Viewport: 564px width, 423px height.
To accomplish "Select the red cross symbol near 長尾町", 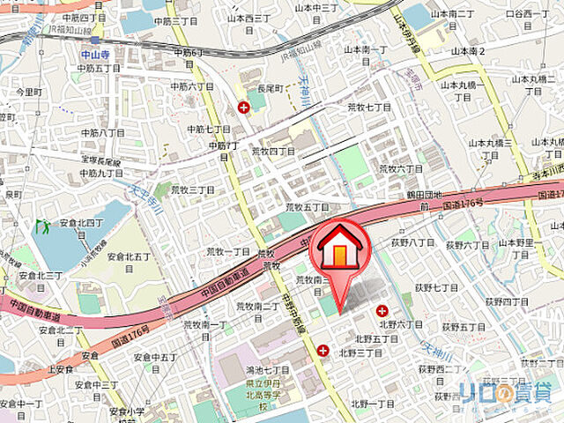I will tap(243, 108).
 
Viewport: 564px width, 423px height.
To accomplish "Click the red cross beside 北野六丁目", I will tap(382, 310).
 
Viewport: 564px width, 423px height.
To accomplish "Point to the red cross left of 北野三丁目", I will tap(323, 351).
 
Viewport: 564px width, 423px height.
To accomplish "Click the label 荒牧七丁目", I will tap(368, 107).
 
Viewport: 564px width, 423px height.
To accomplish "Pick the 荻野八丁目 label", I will tap(413, 241).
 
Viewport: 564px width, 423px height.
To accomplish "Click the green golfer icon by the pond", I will tap(42, 226).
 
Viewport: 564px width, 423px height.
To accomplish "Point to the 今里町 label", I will tap(29, 92).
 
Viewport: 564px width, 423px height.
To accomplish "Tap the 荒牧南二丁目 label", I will tap(256, 307).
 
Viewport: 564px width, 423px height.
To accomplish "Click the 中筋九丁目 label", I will tap(101, 173).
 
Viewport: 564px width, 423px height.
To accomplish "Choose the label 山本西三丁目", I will tap(249, 17).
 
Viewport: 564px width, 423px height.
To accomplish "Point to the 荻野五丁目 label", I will tap(464, 327).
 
